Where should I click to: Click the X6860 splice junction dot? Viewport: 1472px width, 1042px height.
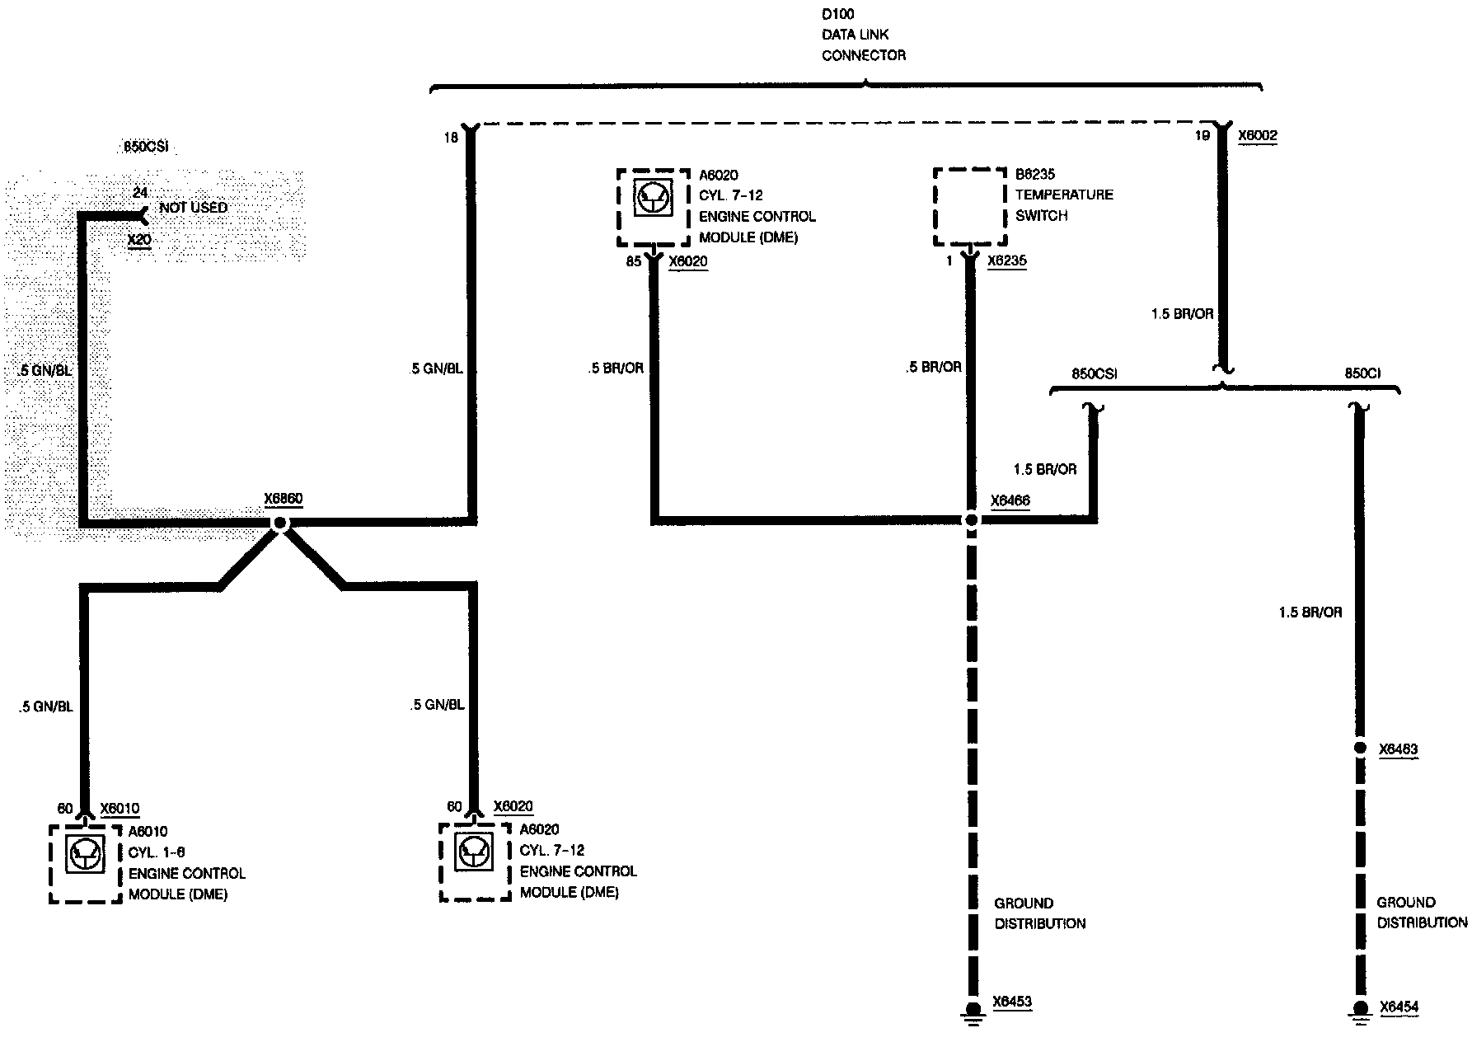click(x=279, y=523)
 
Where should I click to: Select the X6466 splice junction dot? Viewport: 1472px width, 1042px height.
click(x=972, y=520)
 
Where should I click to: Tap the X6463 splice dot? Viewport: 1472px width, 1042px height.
click(x=1361, y=749)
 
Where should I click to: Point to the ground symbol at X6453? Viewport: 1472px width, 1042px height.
click(x=973, y=1013)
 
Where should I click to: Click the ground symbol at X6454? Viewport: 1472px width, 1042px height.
click(x=1361, y=1011)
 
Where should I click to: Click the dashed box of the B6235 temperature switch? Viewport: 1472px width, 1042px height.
click(x=969, y=207)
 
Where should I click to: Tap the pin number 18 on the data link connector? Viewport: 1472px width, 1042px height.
click(x=450, y=138)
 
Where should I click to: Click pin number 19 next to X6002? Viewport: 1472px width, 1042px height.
click(x=1202, y=135)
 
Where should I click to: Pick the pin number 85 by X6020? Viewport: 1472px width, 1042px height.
click(x=633, y=262)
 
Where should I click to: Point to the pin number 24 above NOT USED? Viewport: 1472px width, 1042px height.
click(x=140, y=193)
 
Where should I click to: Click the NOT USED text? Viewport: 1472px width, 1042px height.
click(x=193, y=208)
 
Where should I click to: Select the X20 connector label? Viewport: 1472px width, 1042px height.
click(x=139, y=240)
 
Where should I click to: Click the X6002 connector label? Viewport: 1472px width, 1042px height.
click(x=1258, y=135)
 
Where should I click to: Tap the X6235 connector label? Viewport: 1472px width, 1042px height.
click(x=1007, y=260)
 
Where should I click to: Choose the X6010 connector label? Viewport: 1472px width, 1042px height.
click(x=120, y=809)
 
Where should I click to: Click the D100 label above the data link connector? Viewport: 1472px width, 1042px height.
click(x=838, y=14)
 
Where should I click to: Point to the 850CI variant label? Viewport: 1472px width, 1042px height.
click(x=1362, y=373)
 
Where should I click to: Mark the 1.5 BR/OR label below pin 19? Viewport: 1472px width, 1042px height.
click(x=1182, y=314)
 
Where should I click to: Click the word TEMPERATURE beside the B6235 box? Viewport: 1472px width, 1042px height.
click(x=1064, y=195)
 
